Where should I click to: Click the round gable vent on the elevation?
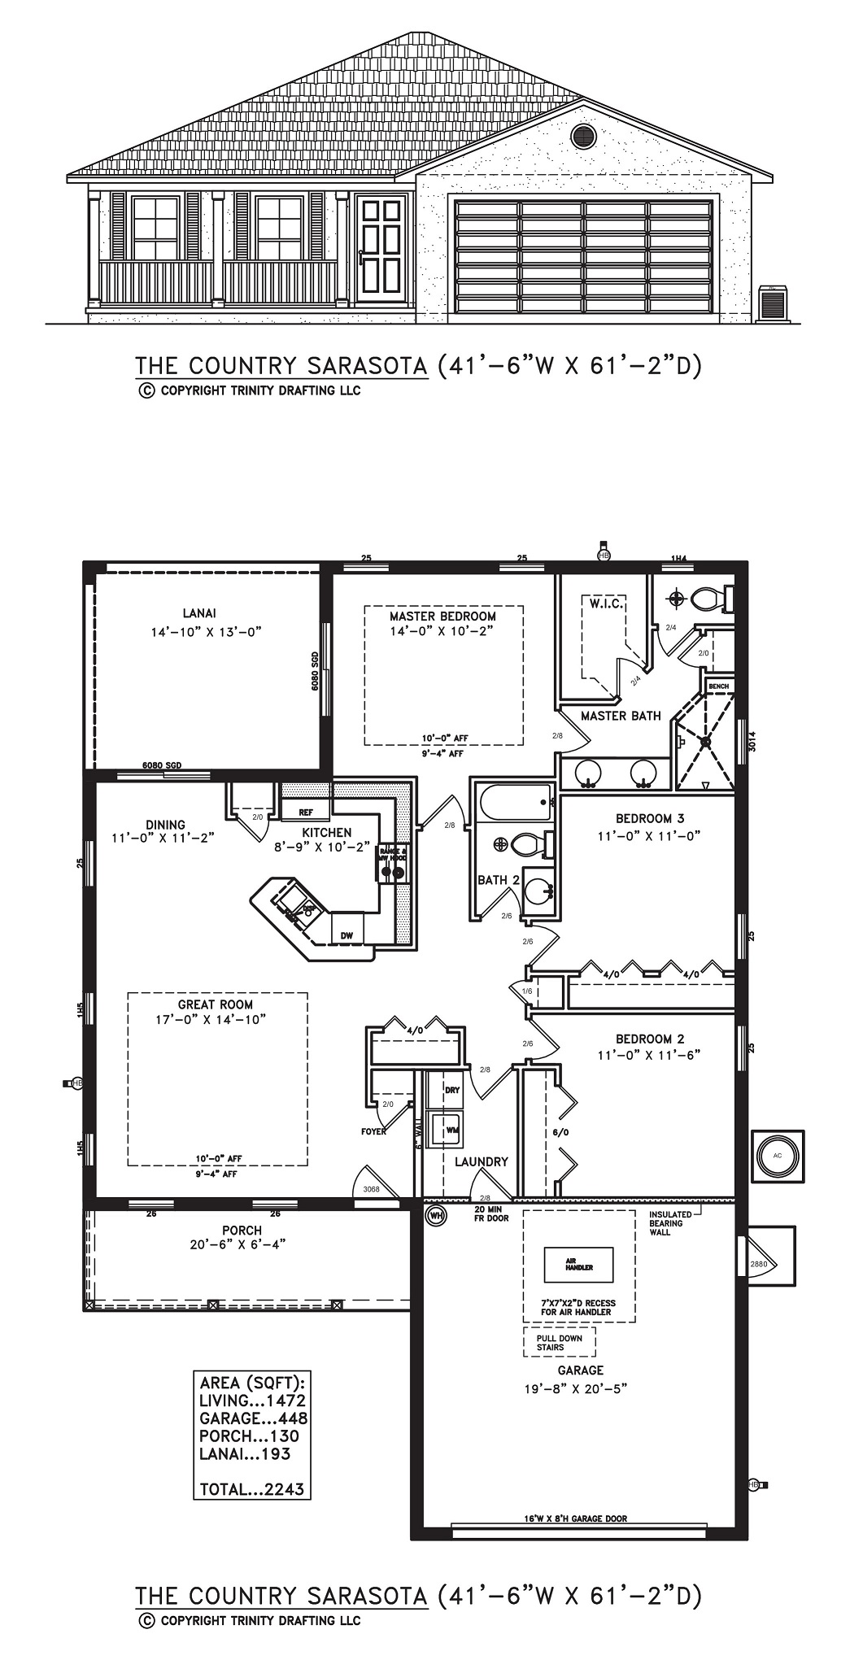point(582,136)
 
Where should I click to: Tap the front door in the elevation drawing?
point(381,246)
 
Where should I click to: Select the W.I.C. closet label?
point(602,603)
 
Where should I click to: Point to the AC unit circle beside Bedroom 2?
point(777,1155)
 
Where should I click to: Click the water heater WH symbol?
point(437,1216)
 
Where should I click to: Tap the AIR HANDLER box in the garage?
point(578,1264)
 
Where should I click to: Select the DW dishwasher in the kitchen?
point(347,935)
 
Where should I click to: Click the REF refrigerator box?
point(306,812)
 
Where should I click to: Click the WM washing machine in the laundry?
point(450,1129)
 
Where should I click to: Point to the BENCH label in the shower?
point(718,686)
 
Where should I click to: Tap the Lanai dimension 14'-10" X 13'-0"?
point(205,631)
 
